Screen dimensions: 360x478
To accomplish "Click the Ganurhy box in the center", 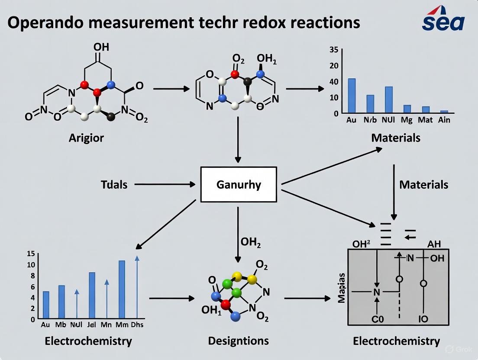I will pyautogui.click(x=239, y=185).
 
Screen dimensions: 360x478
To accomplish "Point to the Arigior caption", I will pyautogui.click(x=86, y=138).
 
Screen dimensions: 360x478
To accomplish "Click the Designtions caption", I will pyautogui.click(x=238, y=341).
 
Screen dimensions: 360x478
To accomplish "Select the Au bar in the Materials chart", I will pyautogui.click(x=352, y=96).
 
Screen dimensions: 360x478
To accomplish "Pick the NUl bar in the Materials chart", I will pyautogui.click(x=388, y=100).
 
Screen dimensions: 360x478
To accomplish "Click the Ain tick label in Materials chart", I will pyautogui.click(x=444, y=120).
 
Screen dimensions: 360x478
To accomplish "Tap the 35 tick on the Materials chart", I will pyautogui.click(x=333, y=50).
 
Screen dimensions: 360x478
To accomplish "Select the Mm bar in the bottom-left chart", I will pyautogui.click(x=122, y=289).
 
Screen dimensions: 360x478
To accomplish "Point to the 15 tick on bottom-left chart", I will pyautogui.click(x=30, y=254).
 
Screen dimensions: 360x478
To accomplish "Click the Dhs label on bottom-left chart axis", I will pyautogui.click(x=137, y=325).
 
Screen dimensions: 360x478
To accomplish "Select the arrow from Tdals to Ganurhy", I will pyautogui.click(x=165, y=185).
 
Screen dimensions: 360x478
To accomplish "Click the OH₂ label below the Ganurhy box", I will pyautogui.click(x=250, y=243).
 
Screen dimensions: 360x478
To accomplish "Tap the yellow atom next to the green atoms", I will pyautogui.click(x=237, y=276).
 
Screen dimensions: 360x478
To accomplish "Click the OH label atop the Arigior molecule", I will pyautogui.click(x=101, y=47).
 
